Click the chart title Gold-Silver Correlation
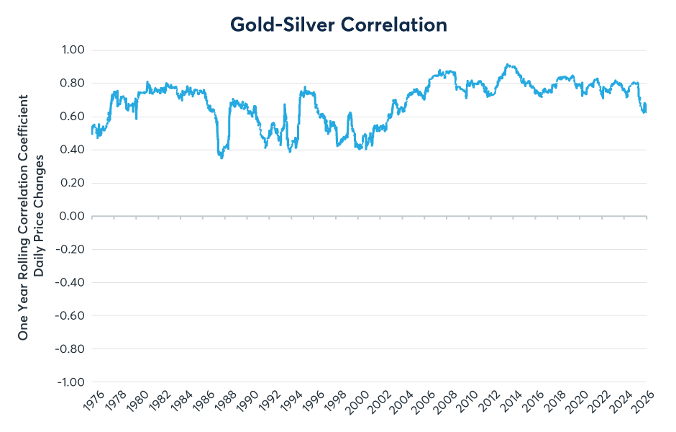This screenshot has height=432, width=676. [338, 24]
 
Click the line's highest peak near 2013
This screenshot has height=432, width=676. [507, 65]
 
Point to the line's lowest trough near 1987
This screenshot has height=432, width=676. [221, 157]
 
